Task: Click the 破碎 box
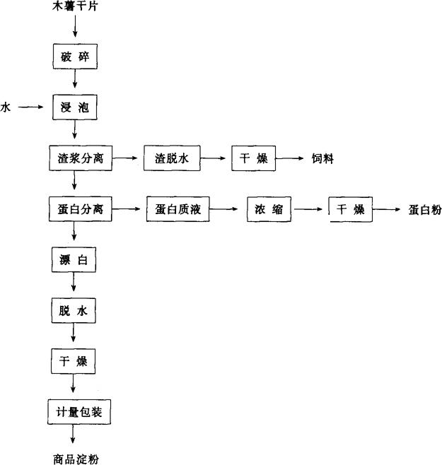(74, 57)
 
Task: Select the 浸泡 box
(74, 108)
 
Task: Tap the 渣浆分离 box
(80, 158)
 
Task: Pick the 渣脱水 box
(173, 158)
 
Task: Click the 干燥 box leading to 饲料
(252, 158)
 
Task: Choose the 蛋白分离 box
(80, 209)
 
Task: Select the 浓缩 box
(269, 209)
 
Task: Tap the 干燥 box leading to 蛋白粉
(349, 209)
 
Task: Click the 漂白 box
(74, 259)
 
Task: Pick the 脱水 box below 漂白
(74, 310)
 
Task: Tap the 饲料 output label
(322, 159)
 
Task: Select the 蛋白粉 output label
(424, 210)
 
